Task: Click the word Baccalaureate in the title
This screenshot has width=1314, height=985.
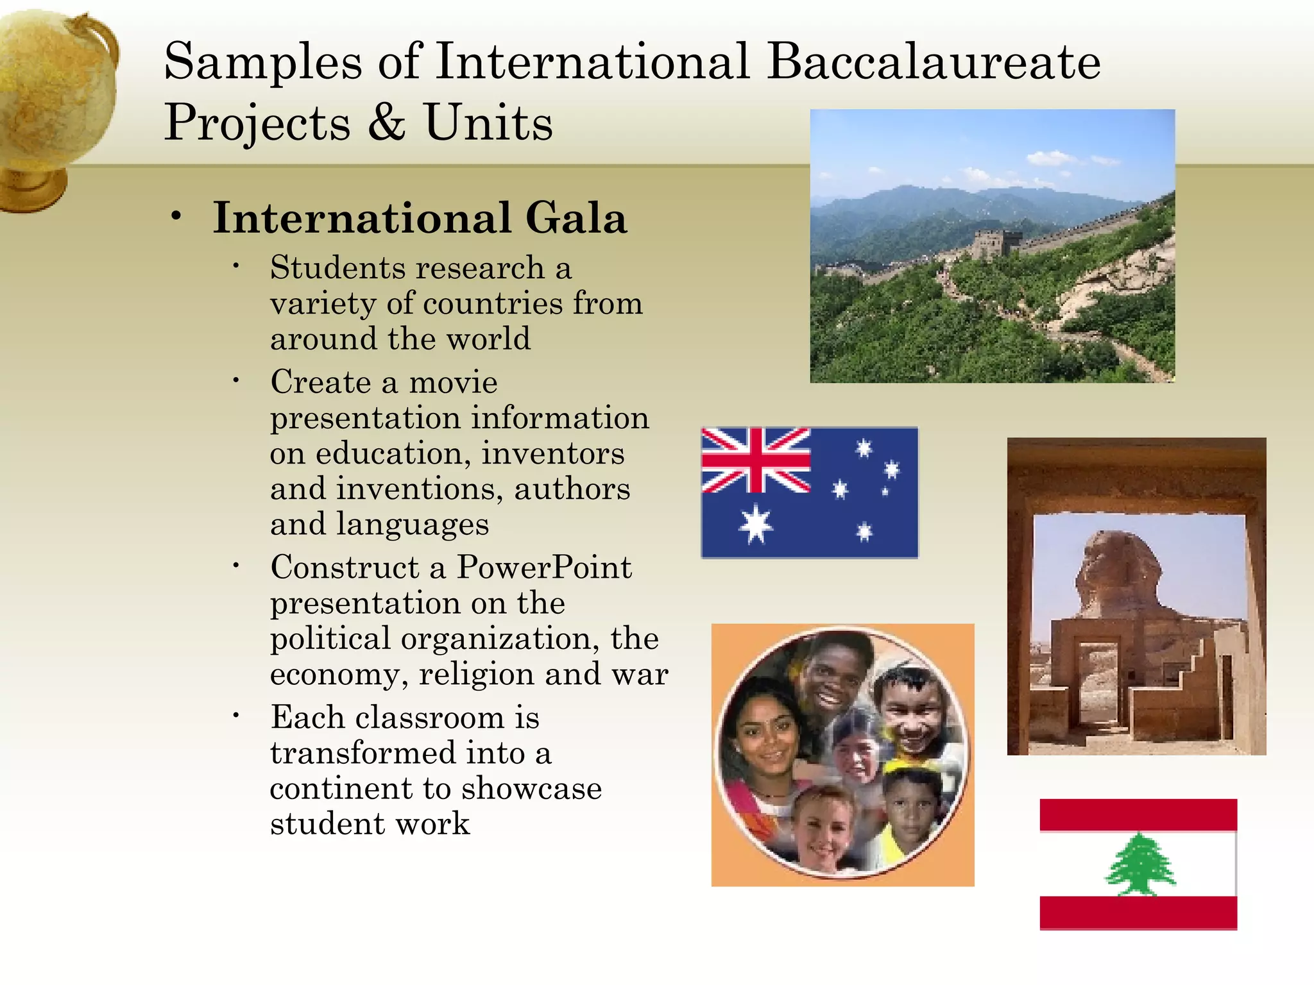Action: tap(934, 62)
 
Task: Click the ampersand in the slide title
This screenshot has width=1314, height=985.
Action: tap(386, 122)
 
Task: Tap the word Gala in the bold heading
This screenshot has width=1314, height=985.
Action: tap(576, 218)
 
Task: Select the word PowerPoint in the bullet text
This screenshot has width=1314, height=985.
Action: tap(544, 568)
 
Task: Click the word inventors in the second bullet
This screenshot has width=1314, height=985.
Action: tap(552, 453)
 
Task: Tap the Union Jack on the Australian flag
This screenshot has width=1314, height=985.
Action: tap(756, 460)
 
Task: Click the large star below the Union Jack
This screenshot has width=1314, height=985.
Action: tap(756, 524)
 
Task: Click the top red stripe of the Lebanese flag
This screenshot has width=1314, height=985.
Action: tap(1138, 814)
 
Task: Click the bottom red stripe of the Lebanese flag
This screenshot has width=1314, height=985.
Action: tap(1138, 912)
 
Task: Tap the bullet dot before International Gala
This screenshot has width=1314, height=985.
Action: tap(176, 217)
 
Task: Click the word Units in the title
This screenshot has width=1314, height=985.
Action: tap(488, 122)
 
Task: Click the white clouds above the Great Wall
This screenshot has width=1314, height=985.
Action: tap(1046, 157)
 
